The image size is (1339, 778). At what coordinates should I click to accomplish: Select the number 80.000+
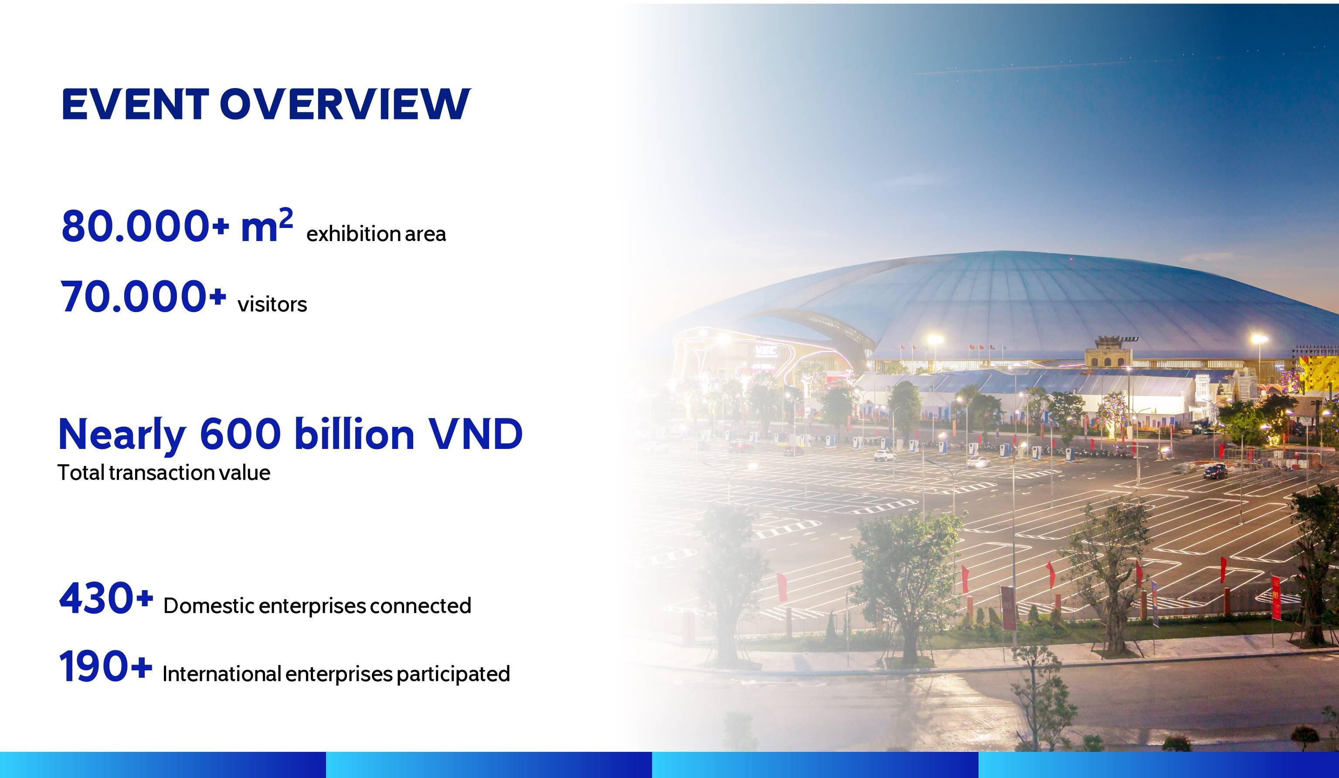click(x=145, y=226)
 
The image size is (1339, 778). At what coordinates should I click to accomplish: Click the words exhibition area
click(x=376, y=234)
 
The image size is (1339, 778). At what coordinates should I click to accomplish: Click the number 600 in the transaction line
click(x=240, y=434)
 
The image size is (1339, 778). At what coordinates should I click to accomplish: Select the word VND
click(x=476, y=434)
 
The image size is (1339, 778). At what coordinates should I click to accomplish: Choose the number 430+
click(x=106, y=598)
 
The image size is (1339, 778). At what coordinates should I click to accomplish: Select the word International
click(x=221, y=674)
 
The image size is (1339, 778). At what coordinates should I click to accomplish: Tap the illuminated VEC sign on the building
click(x=765, y=351)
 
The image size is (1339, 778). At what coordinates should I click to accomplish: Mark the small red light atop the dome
click(x=1071, y=259)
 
